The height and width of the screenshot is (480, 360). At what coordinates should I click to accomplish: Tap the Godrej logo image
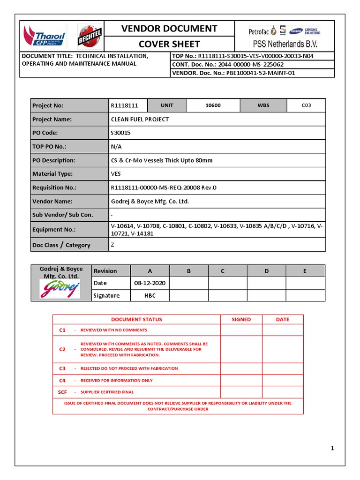[60, 289]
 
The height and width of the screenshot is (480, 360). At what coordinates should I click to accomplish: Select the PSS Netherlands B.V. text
[291, 45]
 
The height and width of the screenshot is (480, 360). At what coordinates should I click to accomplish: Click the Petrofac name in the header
[259, 32]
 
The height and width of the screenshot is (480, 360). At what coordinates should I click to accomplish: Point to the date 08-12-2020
[150, 283]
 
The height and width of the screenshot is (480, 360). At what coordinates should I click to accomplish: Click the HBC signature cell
[150, 295]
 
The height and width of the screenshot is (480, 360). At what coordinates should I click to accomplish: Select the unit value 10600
[213, 105]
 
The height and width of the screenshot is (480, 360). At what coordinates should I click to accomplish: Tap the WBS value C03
[306, 105]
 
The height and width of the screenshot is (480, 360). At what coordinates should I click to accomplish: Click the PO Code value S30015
[121, 133]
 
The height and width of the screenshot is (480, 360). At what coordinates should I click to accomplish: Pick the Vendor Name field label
[52, 201]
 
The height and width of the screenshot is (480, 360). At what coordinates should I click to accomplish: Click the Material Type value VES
[116, 174]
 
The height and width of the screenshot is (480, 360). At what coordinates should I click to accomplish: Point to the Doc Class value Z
[112, 244]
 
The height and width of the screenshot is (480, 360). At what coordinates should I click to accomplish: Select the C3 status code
[62, 368]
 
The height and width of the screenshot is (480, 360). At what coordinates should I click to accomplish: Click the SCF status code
[62, 392]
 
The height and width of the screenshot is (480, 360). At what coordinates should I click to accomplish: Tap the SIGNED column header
[241, 319]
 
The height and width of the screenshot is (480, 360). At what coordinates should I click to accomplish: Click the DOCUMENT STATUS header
[136, 319]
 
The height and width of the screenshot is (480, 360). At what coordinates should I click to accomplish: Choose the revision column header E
[305, 271]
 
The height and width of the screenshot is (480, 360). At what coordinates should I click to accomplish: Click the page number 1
[332, 449]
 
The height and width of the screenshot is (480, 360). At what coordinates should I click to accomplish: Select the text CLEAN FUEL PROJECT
[140, 119]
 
